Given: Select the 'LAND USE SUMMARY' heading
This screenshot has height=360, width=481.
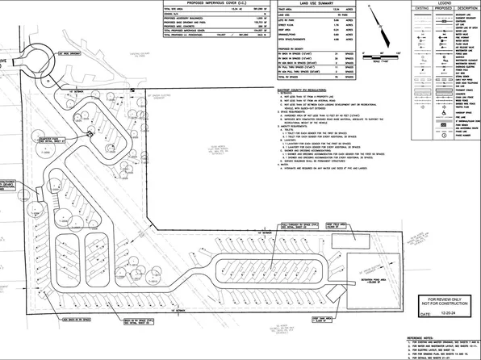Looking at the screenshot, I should (x=320, y=3).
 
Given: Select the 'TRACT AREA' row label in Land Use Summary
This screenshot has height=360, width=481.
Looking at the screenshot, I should (x=287, y=13).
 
